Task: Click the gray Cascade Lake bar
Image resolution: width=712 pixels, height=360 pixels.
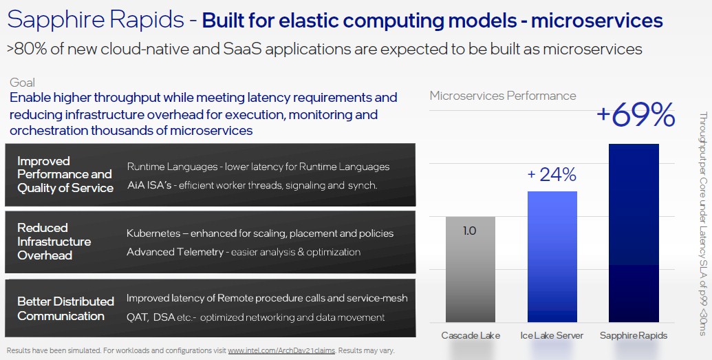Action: coord(471,270)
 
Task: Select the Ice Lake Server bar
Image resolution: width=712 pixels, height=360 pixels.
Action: coord(552,257)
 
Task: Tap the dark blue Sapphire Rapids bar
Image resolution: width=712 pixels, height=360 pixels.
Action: coord(634,233)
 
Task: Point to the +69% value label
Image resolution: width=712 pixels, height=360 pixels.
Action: coord(636,116)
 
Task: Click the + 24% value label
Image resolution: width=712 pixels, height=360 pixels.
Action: coord(552,175)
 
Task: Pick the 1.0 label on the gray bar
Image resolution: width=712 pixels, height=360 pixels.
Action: coord(470,231)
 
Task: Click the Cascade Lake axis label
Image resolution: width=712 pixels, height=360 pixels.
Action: coord(471,335)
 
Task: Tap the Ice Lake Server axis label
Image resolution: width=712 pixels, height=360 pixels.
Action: coord(552,335)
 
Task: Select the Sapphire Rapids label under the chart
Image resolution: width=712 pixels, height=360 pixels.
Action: coord(634,335)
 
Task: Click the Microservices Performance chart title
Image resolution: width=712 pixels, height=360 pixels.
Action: coord(503,96)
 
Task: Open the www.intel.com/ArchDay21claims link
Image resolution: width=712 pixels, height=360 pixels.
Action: coord(281,350)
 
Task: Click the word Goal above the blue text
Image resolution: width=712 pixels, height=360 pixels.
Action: coord(22,83)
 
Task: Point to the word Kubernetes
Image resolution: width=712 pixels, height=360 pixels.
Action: coord(153,233)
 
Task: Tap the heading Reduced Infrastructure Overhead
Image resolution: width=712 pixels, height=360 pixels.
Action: coord(54,242)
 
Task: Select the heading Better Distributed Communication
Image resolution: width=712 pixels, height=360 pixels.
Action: coord(66,308)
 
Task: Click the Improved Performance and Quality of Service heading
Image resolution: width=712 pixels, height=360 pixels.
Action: coord(65,175)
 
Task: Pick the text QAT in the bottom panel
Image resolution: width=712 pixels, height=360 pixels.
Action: coord(137,317)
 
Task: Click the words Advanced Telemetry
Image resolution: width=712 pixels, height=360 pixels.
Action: coord(175,252)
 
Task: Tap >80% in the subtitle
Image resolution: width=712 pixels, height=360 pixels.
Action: coord(27,49)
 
